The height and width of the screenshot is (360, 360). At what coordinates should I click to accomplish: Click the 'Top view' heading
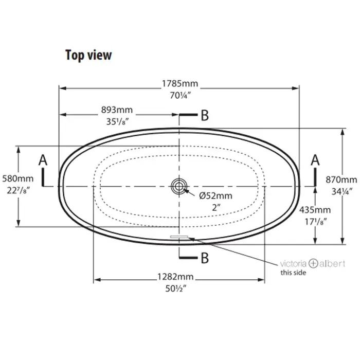coord(88,56)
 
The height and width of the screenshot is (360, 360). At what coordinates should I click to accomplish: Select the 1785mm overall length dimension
coord(180,83)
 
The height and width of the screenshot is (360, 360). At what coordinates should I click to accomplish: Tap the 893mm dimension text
coord(117,110)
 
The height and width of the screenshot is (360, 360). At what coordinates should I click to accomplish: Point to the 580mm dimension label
coord(17,178)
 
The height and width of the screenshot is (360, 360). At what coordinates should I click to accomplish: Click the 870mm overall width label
coord(341,180)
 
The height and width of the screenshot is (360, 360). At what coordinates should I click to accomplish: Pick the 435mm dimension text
coord(315,210)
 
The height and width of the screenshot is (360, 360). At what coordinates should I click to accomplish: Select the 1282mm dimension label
coord(175,277)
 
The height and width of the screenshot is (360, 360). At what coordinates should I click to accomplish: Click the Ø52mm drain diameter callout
coord(215,196)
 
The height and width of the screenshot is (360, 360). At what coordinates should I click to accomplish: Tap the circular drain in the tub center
coord(179,186)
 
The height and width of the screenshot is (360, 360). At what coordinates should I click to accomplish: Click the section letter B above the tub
coord(205,115)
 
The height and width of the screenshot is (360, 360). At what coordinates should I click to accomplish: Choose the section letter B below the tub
coord(205,258)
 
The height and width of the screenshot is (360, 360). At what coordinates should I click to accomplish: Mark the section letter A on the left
coord(43,160)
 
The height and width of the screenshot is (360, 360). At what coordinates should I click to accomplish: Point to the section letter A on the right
coord(315,160)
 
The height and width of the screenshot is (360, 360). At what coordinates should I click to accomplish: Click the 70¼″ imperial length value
coord(181,96)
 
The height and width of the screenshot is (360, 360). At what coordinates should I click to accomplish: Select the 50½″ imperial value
coord(176,289)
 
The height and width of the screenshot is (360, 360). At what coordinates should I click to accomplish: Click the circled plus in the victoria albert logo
coord(313,263)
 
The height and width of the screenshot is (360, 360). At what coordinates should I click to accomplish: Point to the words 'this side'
coord(293,273)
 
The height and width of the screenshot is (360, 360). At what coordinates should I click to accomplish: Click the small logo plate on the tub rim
coord(179,237)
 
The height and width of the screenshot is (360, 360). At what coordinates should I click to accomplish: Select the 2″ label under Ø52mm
coord(216,208)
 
